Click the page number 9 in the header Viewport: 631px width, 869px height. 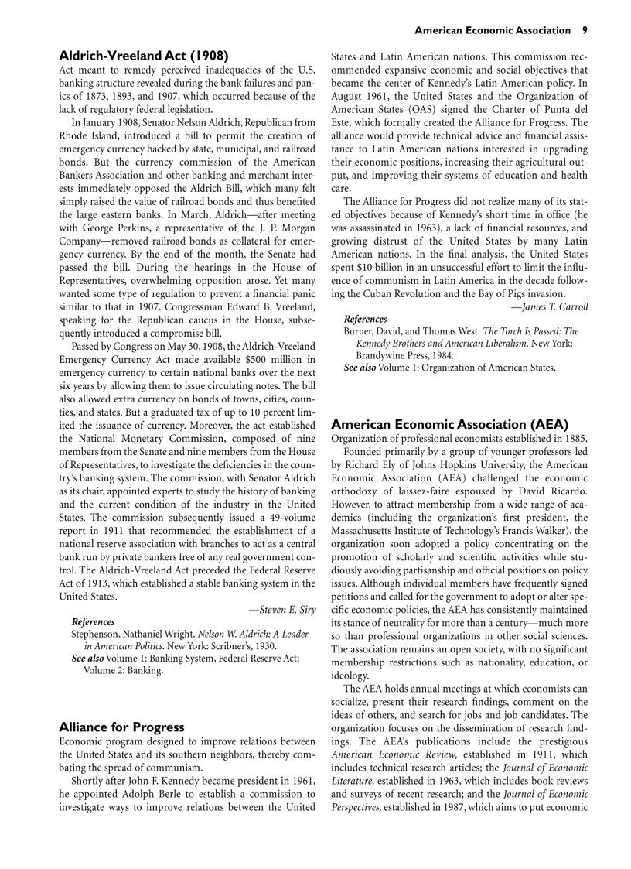pos(585,30)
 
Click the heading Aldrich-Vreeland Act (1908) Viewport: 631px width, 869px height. pos(144,56)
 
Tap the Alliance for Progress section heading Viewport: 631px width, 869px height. pos(121,727)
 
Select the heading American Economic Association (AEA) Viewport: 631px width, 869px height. pos(449,424)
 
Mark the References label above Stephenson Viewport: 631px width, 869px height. pos(93,621)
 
